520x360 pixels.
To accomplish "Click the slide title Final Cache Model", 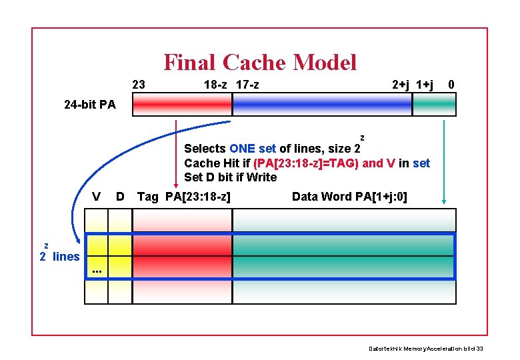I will point(260,63).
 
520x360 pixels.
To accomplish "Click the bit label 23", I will point(139,85).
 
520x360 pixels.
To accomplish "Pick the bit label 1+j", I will point(425,85).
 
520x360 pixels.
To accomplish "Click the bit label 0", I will point(452,85).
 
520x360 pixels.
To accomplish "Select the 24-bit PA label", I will point(89,105).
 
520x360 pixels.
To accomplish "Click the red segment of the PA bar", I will point(182,105).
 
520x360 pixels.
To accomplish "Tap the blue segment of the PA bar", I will point(322,105).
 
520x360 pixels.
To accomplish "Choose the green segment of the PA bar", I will point(434,105).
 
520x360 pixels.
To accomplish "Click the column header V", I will point(97,197).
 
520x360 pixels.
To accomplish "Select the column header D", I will point(120,197).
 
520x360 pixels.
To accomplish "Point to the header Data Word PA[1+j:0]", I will point(349,197).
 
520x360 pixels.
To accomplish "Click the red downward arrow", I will point(175,153).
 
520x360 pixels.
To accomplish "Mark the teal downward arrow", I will point(445,160).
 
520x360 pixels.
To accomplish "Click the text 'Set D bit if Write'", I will point(230,177).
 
